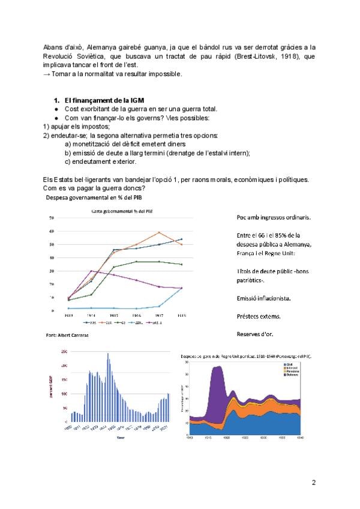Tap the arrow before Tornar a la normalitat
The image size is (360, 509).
pos(47,74)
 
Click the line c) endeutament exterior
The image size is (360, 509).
pos(101,161)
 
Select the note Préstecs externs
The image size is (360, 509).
pos(258,316)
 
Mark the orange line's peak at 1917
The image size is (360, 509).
pos(159,232)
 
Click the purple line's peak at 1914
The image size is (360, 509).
pos(91,271)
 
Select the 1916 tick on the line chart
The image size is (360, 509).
pos(136,315)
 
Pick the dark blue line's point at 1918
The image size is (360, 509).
pos(181,239)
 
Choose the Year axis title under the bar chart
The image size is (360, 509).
pos(121,437)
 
